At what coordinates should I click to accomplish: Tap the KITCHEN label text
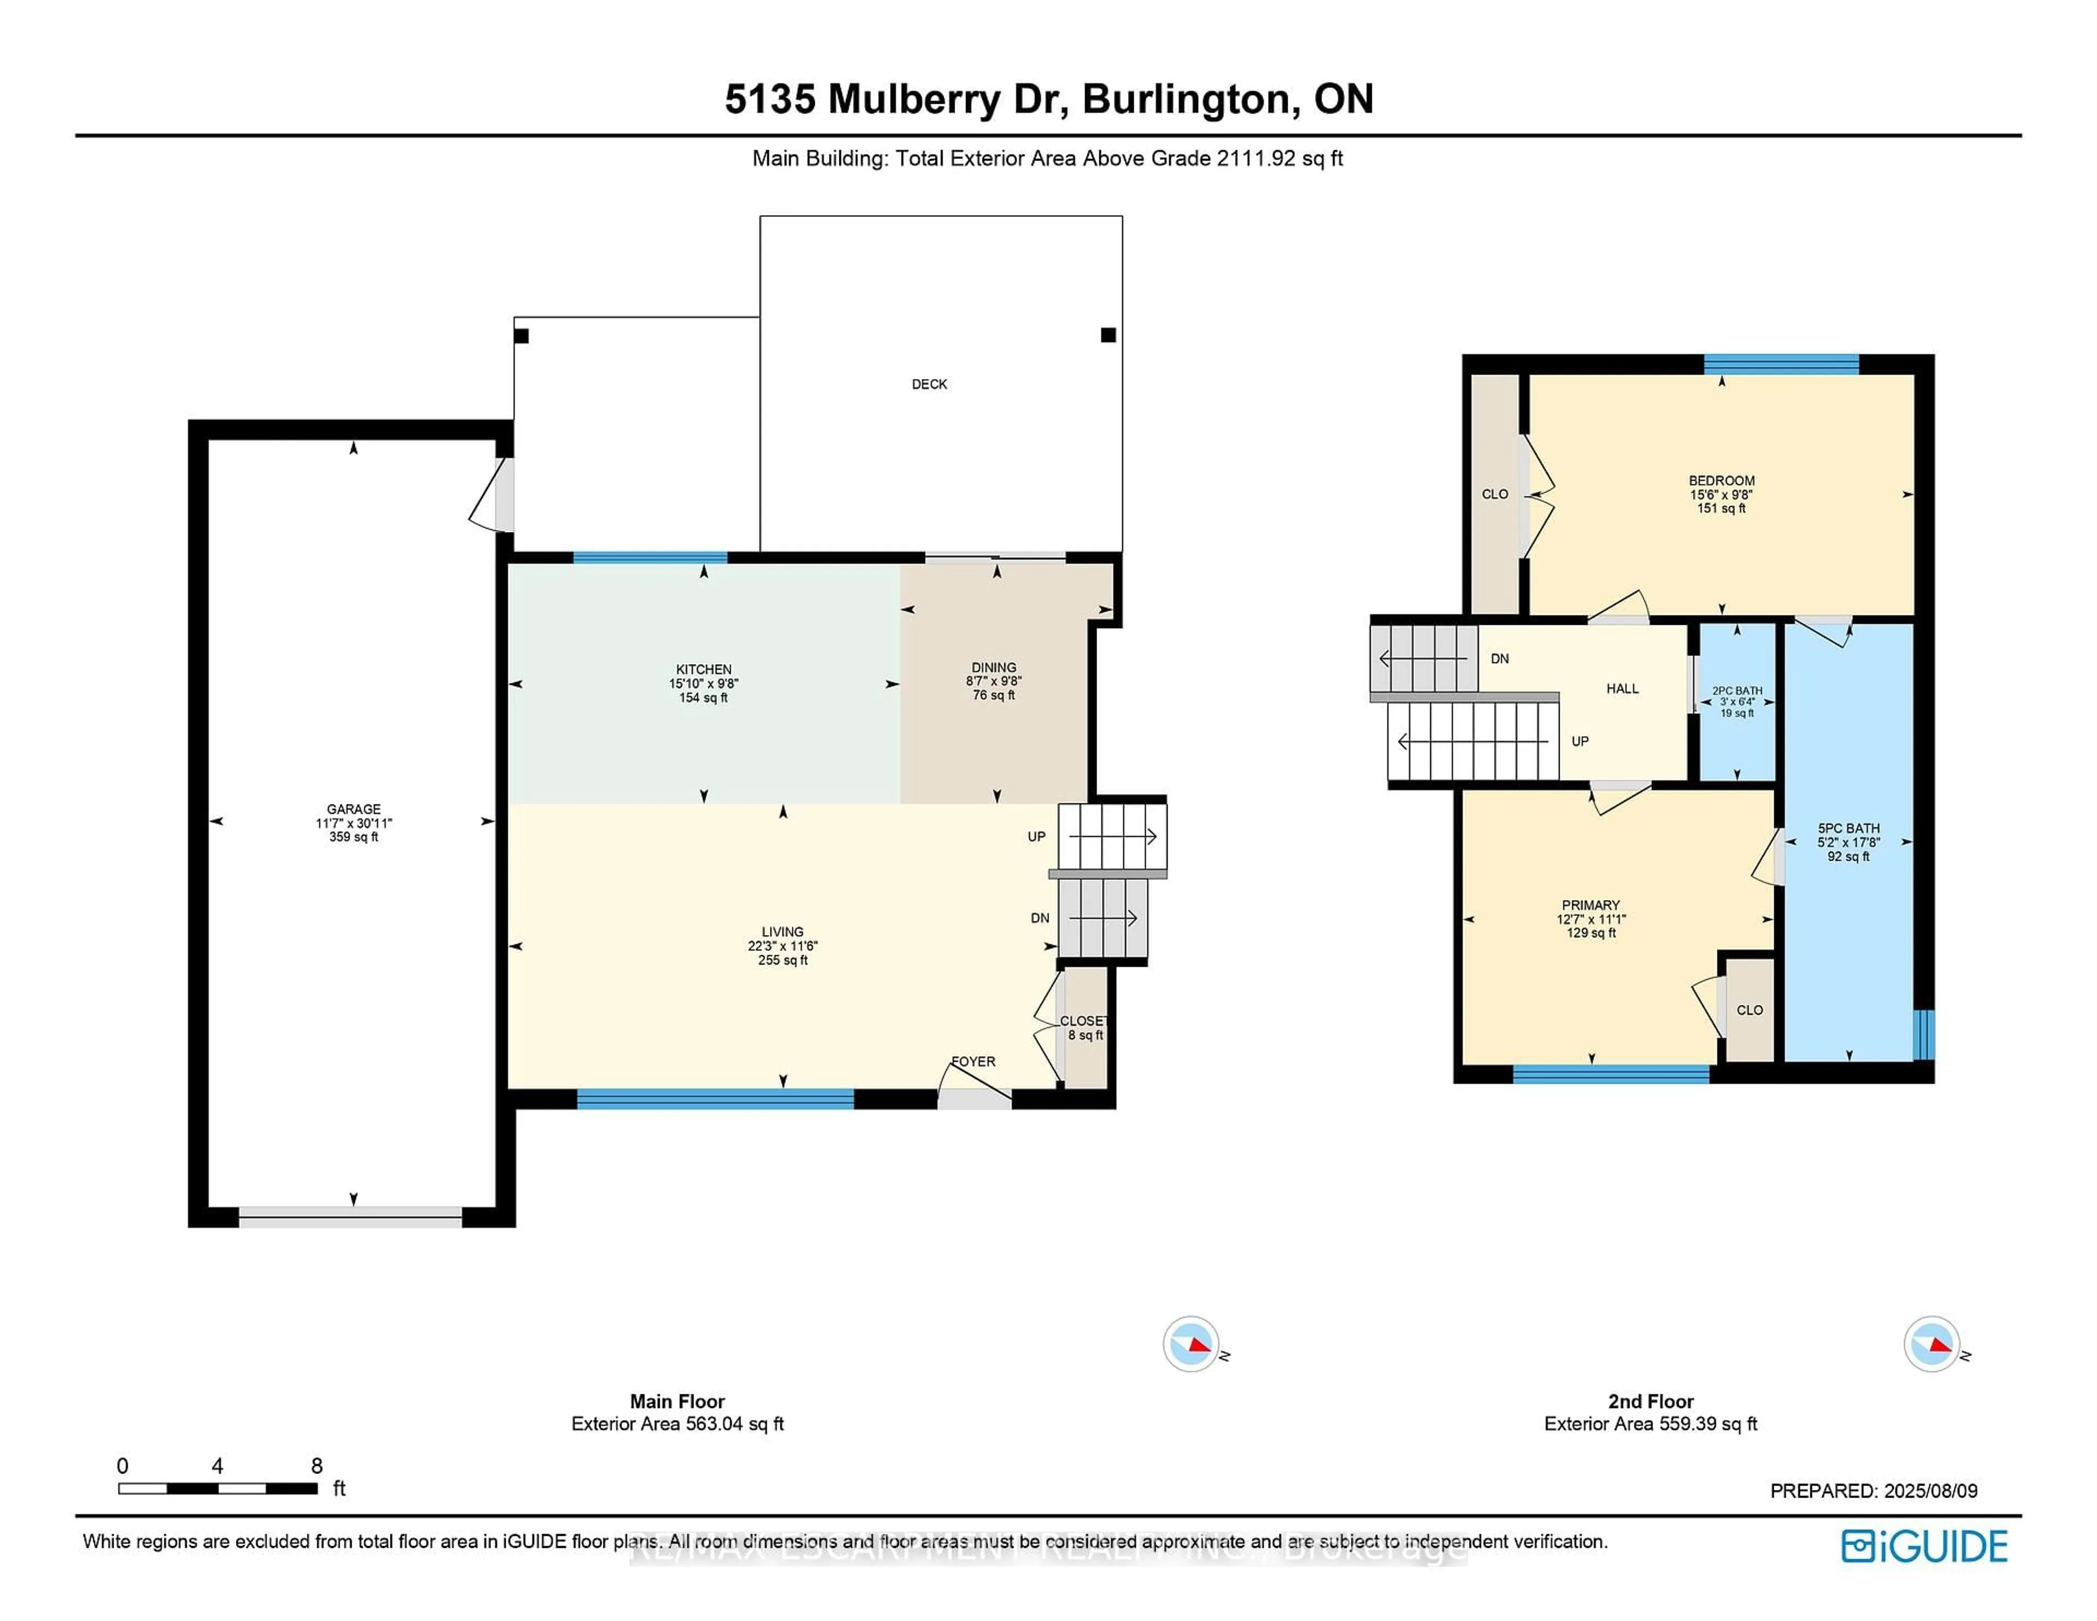(704, 670)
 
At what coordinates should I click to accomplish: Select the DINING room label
(994, 667)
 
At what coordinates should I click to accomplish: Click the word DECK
(928, 384)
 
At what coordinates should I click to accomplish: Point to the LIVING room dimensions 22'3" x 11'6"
(783, 946)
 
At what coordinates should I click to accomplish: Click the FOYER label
(974, 1061)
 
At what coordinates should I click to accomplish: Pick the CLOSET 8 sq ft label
(1084, 1027)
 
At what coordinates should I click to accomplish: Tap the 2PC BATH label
(1737, 690)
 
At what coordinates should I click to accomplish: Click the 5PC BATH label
(1849, 829)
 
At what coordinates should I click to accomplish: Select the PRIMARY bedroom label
(1590, 906)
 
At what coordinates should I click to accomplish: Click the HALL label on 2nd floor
(1622, 689)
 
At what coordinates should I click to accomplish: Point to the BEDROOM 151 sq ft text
(1722, 508)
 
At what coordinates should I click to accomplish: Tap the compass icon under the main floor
(1192, 1344)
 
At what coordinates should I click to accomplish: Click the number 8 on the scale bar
(317, 1465)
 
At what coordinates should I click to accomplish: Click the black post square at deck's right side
(1108, 335)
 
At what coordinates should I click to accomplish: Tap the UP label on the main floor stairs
(1036, 836)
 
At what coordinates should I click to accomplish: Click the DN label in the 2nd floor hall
(1500, 659)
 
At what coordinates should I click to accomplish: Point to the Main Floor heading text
(677, 1401)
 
